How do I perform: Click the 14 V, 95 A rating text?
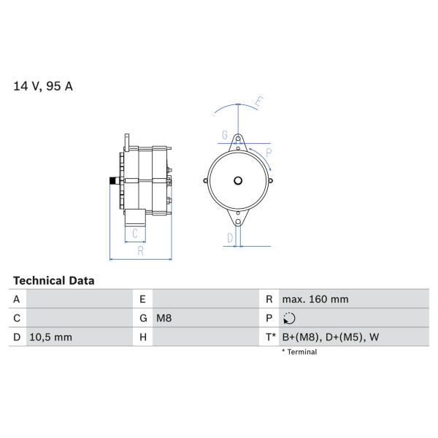point(43,86)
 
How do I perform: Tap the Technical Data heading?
point(53,280)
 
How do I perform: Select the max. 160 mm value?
point(315,299)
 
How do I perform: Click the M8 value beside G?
point(164,318)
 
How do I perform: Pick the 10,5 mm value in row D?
point(50,337)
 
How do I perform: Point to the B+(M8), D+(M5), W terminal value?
point(331,337)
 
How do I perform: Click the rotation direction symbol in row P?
point(289,318)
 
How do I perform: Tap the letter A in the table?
point(17,299)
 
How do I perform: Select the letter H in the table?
point(143,337)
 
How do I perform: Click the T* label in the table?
point(270,337)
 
